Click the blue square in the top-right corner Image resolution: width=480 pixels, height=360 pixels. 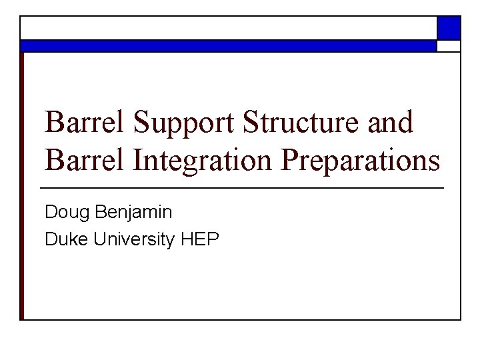click(449, 28)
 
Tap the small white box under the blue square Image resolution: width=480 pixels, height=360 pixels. click(449, 46)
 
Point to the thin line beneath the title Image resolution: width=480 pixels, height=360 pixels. click(242, 189)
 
